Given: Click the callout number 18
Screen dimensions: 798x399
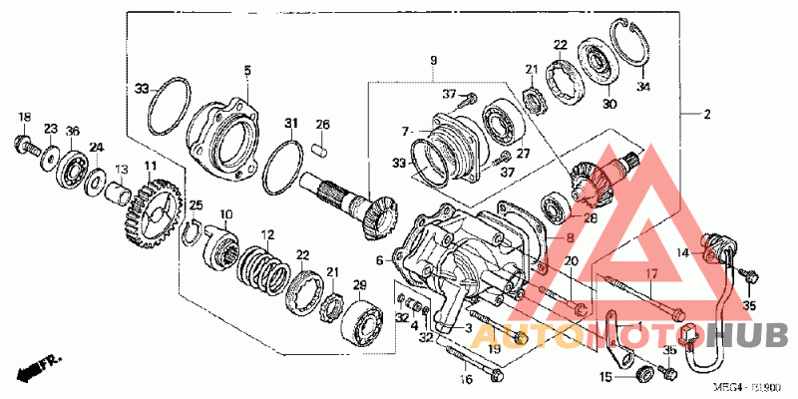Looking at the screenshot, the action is click(x=24, y=118).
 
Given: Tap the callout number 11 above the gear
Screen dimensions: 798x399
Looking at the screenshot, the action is click(x=150, y=165).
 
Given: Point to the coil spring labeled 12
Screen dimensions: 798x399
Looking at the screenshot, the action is click(x=260, y=267).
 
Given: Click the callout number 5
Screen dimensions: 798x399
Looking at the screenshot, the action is click(x=248, y=70).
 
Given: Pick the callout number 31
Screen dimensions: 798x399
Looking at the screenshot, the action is click(x=291, y=124).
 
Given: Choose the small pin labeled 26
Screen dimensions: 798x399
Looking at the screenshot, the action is click(x=322, y=152).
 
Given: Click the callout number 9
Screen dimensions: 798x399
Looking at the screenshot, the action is click(x=434, y=61).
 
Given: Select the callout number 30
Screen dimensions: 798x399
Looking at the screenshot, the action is click(x=609, y=103).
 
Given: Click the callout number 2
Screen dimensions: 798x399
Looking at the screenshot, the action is click(x=706, y=115).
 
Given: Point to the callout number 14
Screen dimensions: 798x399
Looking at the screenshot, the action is click(x=682, y=253).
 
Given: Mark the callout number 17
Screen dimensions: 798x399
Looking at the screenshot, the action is click(x=649, y=273).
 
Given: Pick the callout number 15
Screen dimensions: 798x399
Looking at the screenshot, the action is click(x=604, y=376).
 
